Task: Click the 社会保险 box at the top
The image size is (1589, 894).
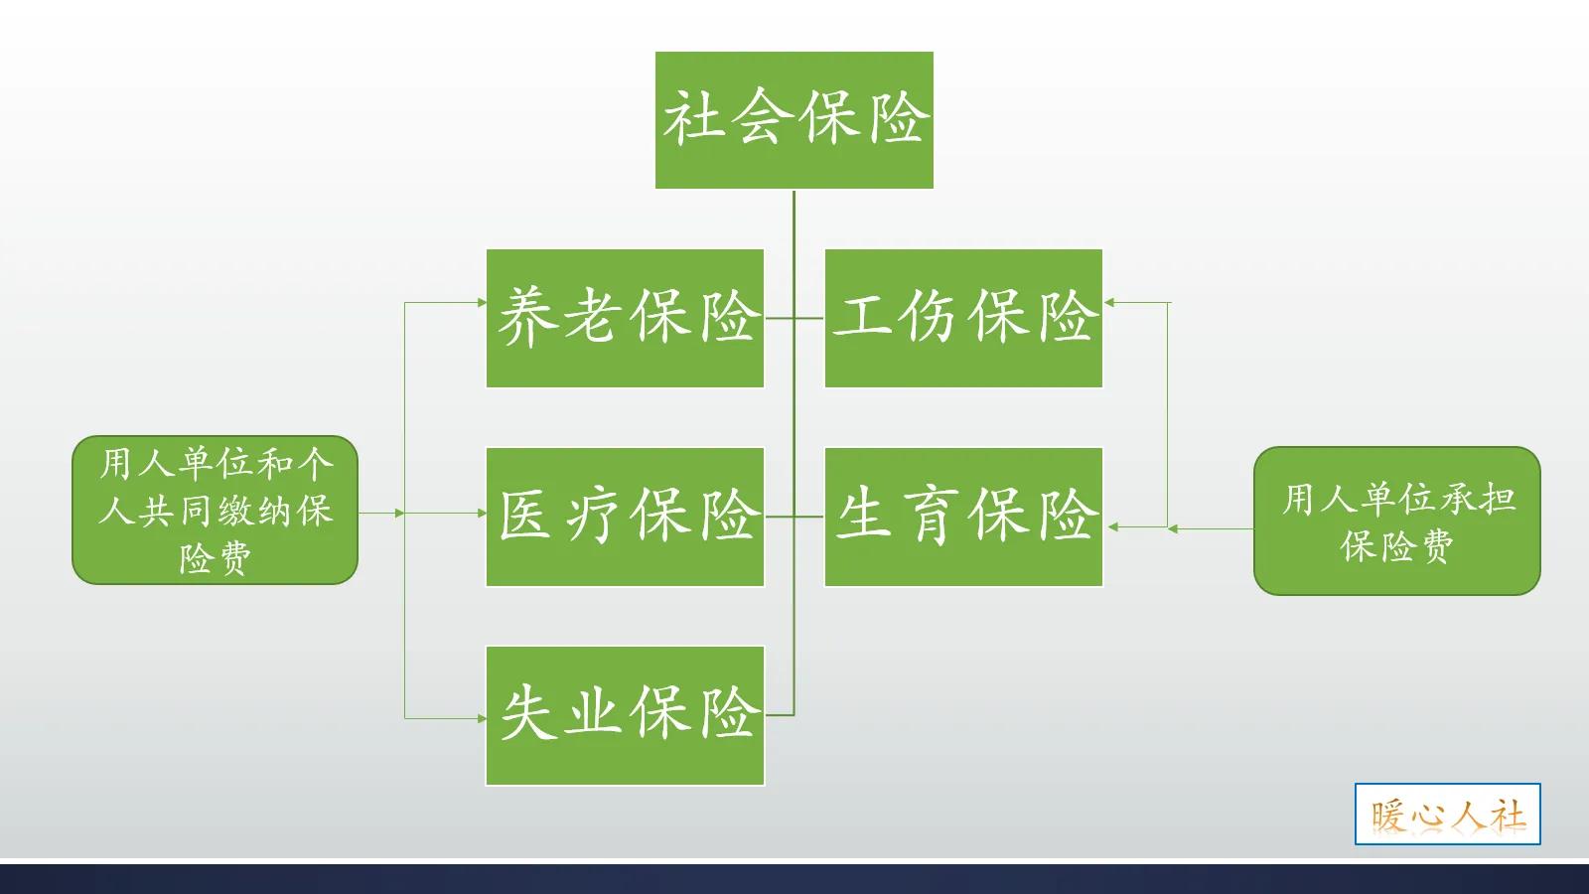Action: pyautogui.click(x=794, y=120)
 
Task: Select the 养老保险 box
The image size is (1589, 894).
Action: pyautogui.click(x=625, y=318)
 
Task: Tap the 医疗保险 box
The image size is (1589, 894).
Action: pyautogui.click(x=625, y=517)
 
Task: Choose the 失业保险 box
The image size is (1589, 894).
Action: pyautogui.click(x=625, y=715)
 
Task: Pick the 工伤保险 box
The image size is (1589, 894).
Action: pyautogui.click(x=963, y=318)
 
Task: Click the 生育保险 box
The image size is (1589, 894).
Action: pyautogui.click(x=963, y=517)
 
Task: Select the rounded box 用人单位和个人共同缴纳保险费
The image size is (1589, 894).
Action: pyautogui.click(x=215, y=510)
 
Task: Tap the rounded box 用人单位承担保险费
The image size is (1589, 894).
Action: pyautogui.click(x=1396, y=521)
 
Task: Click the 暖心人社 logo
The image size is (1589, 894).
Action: pyautogui.click(x=1447, y=815)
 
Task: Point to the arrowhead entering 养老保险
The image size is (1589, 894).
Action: pyautogui.click(x=482, y=302)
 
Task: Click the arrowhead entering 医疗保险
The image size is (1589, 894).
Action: pyautogui.click(x=482, y=514)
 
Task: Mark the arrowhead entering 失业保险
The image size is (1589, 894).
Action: pyautogui.click(x=482, y=717)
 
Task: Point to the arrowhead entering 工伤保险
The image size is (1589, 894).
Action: pyautogui.click(x=1109, y=302)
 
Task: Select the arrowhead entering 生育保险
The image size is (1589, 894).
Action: pyautogui.click(x=1111, y=527)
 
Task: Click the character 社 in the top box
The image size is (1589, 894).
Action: pyautogui.click(x=692, y=118)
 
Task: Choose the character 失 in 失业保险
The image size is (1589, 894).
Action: pyautogui.click(x=527, y=713)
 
